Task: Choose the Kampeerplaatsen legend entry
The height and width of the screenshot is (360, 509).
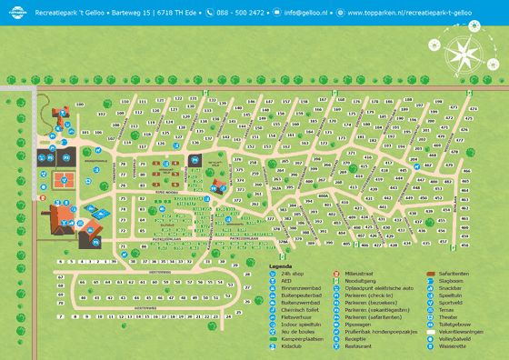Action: click(303, 339)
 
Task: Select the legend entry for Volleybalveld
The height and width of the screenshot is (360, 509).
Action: click(458, 339)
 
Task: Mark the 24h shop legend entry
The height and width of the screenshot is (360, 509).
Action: click(293, 274)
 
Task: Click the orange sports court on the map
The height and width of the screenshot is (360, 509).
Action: click(63, 179)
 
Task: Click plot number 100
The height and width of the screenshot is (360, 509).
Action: click(80, 105)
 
